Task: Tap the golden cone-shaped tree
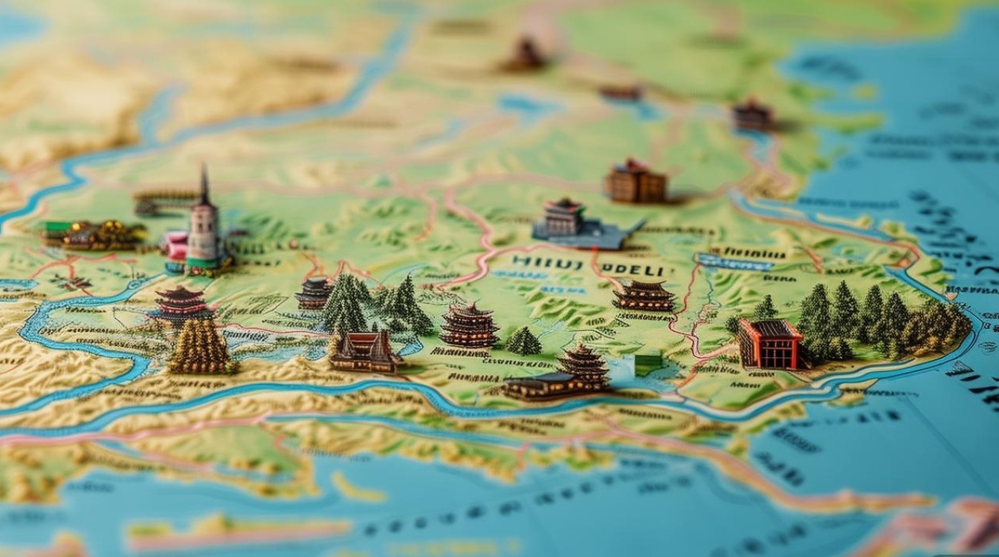click(200, 345)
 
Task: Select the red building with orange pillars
click(769, 344)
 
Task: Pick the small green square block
click(647, 364)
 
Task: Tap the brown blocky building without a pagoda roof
click(636, 182)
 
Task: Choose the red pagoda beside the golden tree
click(181, 304)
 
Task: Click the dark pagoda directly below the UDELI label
click(644, 295)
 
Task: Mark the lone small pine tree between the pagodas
click(524, 342)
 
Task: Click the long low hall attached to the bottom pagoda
click(543, 385)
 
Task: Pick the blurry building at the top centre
click(526, 56)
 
